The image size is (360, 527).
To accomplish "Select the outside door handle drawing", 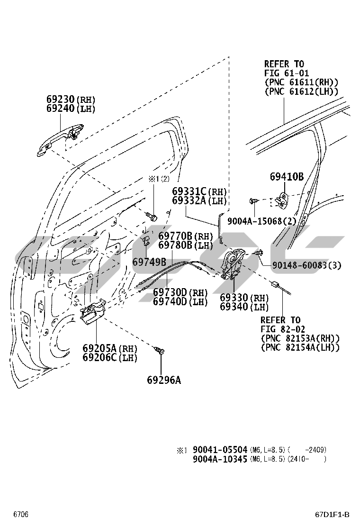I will click(61, 138).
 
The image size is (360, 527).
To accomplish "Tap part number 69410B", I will click(287, 177).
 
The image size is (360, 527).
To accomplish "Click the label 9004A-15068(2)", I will click(261, 221).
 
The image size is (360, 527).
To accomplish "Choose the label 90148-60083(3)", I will click(306, 265).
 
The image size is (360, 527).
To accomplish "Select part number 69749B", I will click(149, 262).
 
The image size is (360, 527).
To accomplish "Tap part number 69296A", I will click(163, 380).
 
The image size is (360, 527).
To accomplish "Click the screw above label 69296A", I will click(161, 351).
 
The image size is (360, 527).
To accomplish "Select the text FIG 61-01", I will click(287, 73).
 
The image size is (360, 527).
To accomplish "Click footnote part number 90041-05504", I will click(220, 450).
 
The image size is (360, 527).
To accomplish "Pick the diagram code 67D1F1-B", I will click(332, 515).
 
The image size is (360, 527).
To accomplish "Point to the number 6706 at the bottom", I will click(21, 515).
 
